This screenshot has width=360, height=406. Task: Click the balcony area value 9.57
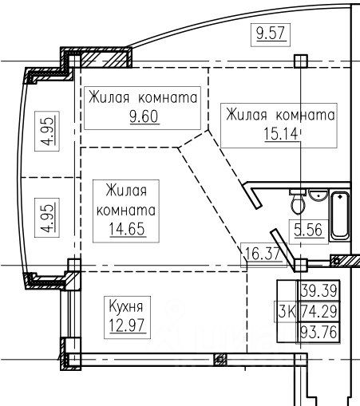pyautogui.click(x=271, y=34)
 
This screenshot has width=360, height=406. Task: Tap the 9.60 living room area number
pyautogui.click(x=144, y=116)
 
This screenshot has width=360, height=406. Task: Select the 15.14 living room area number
pyautogui.click(x=281, y=134)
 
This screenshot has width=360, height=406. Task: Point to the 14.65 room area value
pyautogui.click(x=127, y=229)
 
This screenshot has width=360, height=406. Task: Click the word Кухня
pyautogui.click(x=126, y=306)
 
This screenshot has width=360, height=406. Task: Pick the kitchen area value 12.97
pyautogui.click(x=127, y=325)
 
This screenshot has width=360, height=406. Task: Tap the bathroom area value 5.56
pyautogui.click(x=308, y=230)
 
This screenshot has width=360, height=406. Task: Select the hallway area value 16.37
pyautogui.click(x=262, y=254)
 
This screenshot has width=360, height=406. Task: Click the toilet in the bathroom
pyautogui.click(x=298, y=201)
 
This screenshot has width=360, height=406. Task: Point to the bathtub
pyautogui.click(x=339, y=215)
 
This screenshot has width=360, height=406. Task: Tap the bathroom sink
pyautogui.click(x=318, y=195)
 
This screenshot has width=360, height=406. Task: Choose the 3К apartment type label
pyautogui.click(x=287, y=311)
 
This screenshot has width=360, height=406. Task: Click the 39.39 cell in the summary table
pyautogui.click(x=319, y=290)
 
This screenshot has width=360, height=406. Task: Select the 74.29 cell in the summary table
pyautogui.click(x=319, y=311)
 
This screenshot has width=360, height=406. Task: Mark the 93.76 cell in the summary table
pyautogui.click(x=319, y=332)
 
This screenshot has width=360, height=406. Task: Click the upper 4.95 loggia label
pyautogui.click(x=48, y=132)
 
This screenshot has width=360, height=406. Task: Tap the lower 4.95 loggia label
pyautogui.click(x=48, y=218)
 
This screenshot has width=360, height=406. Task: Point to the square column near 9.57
pyautogui.click(x=301, y=61)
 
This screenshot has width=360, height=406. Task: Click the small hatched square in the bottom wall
pyautogui.click(x=220, y=360)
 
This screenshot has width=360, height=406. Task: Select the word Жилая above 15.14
pyautogui.click(x=246, y=115)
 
